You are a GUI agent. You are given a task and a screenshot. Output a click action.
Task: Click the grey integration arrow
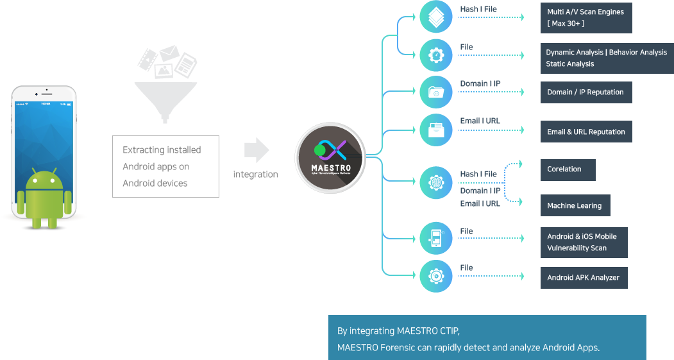pyautogui.click(x=256, y=150)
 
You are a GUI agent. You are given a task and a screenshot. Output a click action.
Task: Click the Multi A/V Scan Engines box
pyautogui.click(x=586, y=17)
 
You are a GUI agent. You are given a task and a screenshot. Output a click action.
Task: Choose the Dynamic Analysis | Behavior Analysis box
pyautogui.click(x=607, y=58)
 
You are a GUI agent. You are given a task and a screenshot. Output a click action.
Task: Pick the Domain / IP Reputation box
pyautogui.click(x=586, y=92)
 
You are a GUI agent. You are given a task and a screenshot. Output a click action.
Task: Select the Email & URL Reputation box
pyautogui.click(x=586, y=132)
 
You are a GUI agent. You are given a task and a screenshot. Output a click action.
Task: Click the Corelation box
pyautogui.click(x=568, y=169)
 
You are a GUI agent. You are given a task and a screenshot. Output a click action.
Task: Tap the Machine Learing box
pyautogui.click(x=575, y=205)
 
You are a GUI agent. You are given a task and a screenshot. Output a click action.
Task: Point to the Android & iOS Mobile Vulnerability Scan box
pyautogui.click(x=584, y=242)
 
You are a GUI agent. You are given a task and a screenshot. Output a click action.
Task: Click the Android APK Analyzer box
pyautogui.click(x=584, y=277)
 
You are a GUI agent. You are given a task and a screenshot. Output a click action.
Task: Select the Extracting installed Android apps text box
pyautogui.click(x=165, y=166)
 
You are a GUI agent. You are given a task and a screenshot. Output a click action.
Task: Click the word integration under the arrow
pyautogui.click(x=255, y=174)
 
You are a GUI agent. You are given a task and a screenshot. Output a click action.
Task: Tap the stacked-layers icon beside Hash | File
pyautogui.click(x=436, y=17)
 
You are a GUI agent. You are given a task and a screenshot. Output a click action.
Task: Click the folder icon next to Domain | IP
pyautogui.click(x=436, y=92)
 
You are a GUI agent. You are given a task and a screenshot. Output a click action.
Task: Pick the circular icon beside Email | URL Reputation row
pyautogui.click(x=436, y=129)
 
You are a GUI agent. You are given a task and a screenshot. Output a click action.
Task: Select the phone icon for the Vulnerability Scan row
pyautogui.click(x=436, y=239)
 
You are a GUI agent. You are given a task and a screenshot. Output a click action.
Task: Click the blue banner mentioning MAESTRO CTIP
pyautogui.click(x=487, y=338)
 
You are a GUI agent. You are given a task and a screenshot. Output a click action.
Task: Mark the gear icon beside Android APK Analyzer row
pyautogui.click(x=436, y=277)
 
